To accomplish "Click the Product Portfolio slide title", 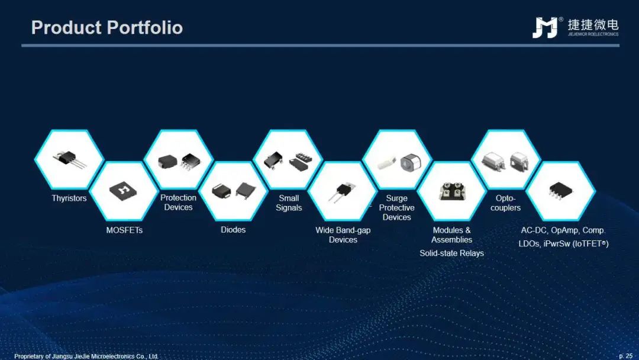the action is (x=106, y=28).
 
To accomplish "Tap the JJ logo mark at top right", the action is (x=545, y=27).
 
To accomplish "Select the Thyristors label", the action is (x=69, y=198).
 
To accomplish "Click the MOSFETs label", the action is (x=124, y=230).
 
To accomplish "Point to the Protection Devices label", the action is (x=178, y=202).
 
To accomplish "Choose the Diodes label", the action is (x=233, y=230).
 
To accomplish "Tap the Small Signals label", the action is (x=289, y=202).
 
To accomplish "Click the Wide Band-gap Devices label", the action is (x=343, y=235).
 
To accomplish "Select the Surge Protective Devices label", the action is (x=396, y=207).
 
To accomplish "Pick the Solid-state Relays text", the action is (x=451, y=253).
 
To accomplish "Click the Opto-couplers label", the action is (x=505, y=202).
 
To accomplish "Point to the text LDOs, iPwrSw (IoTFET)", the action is (x=563, y=244).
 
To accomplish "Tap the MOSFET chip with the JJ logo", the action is (x=124, y=190).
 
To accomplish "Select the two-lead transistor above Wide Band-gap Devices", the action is (x=341, y=192).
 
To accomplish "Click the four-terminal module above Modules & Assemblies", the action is (x=451, y=191).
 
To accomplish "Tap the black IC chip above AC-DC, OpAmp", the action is (x=561, y=191).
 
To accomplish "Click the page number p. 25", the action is (x=625, y=356).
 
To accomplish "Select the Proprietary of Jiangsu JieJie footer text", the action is (x=86, y=356).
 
